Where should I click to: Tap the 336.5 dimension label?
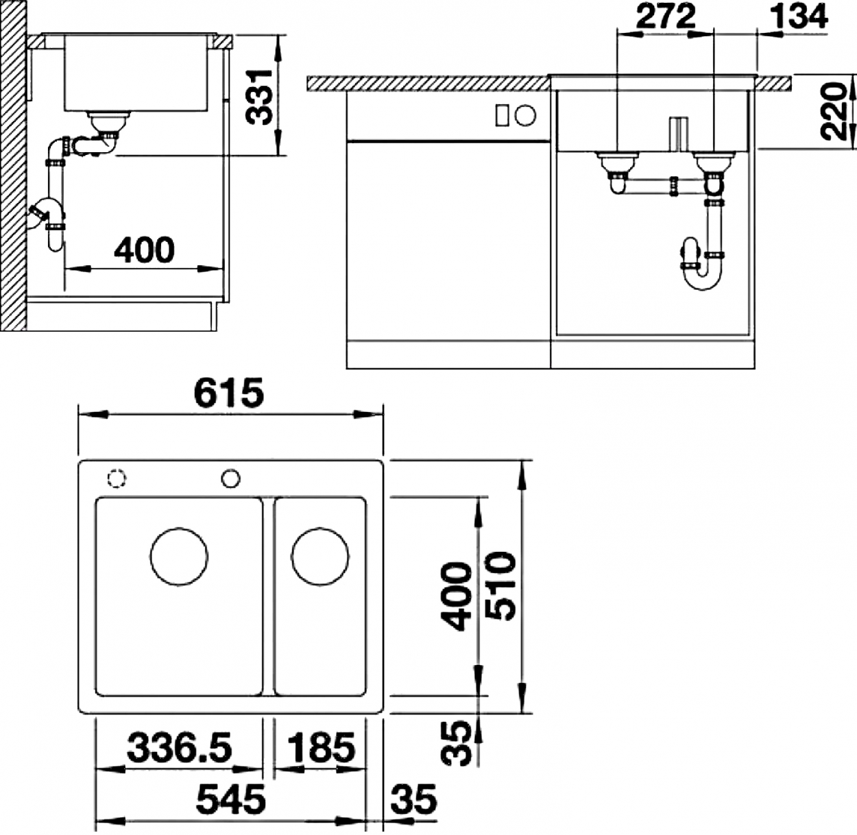pos(179,747)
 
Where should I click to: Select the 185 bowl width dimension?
pos(321,747)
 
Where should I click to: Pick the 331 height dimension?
pos(259,97)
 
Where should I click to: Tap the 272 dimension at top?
pos(666,16)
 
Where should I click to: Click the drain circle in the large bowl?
pos(179,556)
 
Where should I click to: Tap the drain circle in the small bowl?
pos(320,556)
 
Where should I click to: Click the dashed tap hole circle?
pos(117,478)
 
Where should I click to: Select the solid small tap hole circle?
pos(231,479)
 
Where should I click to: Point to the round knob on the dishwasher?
pos(526,115)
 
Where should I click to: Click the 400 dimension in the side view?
pos(144,250)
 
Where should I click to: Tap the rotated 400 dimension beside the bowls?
pos(456,596)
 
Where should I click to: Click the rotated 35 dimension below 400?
pos(456,743)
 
